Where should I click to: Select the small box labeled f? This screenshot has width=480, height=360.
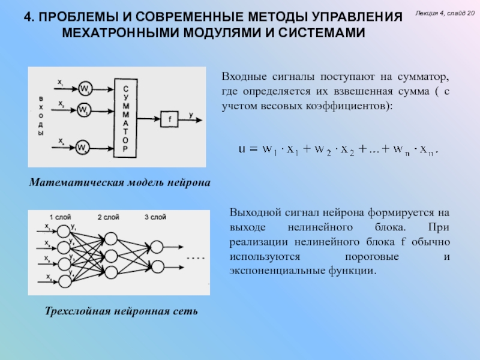(169, 119)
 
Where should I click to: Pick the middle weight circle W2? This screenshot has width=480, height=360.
(83, 110)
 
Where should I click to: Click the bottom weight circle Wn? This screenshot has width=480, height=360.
(83, 148)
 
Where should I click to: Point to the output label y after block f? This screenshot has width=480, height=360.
(191, 114)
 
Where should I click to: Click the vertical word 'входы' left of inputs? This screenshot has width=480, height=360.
(41, 115)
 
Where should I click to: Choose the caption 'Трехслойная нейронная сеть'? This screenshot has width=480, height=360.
(121, 312)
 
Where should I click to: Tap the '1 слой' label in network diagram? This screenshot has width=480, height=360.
(61, 217)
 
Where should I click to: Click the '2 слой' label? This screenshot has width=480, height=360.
(108, 217)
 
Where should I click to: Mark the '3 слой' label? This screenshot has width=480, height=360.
(155, 217)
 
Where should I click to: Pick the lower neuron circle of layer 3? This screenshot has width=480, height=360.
(157, 265)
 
